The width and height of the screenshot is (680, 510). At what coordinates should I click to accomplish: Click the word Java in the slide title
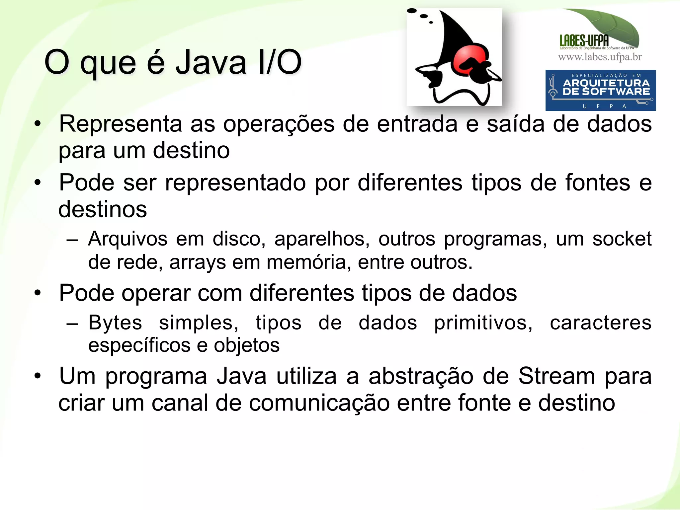click(211, 62)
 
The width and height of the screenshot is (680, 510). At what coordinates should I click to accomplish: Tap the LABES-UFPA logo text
click(584, 41)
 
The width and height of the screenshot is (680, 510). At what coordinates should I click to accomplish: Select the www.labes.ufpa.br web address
click(600, 57)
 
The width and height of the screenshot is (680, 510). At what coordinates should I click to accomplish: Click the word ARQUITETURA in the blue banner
click(606, 83)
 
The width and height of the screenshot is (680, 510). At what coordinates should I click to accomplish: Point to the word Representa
click(121, 124)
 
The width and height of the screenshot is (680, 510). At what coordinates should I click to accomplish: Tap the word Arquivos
click(127, 239)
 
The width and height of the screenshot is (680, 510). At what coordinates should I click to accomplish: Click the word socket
click(622, 239)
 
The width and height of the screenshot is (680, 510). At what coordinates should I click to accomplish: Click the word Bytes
click(115, 323)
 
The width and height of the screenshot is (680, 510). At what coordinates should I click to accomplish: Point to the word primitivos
click(483, 323)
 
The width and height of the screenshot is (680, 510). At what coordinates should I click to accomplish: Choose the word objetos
click(247, 345)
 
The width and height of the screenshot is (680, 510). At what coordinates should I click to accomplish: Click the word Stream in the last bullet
click(556, 376)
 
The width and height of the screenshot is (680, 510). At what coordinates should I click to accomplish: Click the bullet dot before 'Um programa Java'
click(38, 376)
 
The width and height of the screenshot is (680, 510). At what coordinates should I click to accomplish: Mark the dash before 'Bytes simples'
click(72, 323)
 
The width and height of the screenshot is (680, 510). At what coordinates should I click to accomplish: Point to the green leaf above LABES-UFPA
click(611, 25)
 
